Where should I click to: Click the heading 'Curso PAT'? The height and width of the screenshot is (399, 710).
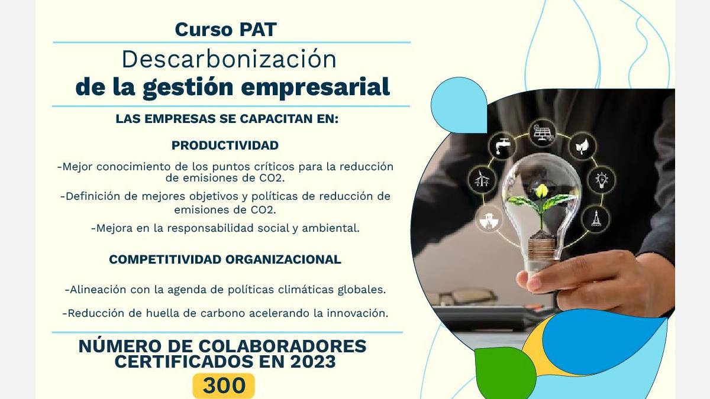(225, 30)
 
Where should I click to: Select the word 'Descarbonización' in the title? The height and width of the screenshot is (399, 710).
(229, 59)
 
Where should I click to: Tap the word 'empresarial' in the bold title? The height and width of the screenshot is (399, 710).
(315, 87)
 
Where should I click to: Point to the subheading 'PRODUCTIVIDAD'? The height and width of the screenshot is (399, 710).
(225, 145)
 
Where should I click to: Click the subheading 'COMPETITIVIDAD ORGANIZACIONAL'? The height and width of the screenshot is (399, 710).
(225, 259)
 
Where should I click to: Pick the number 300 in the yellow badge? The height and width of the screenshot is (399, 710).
(224, 385)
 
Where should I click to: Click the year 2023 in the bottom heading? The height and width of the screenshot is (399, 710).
(313, 362)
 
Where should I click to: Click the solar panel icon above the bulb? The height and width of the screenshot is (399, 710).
(543, 133)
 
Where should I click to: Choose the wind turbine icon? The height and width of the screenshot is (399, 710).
(482, 180)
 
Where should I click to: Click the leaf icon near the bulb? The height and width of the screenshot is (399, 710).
(582, 147)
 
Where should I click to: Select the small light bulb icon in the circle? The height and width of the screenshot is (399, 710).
(602, 180)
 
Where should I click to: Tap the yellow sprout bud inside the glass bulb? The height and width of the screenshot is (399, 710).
(541, 190)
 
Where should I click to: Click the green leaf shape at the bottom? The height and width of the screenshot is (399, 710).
(504, 371)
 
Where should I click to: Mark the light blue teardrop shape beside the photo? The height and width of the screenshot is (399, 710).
(459, 105)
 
